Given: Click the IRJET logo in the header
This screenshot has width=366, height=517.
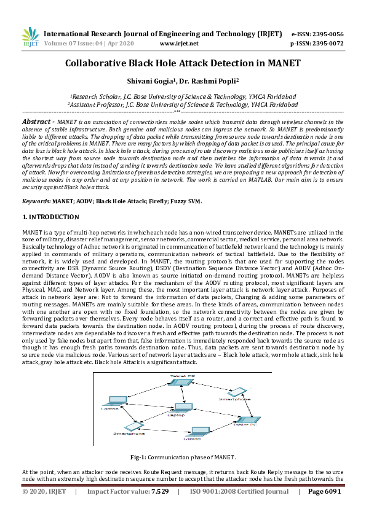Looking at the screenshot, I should [30, 37].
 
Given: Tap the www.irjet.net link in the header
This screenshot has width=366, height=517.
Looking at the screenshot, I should [179, 44].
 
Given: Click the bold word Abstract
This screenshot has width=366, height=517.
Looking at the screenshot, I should [39, 122].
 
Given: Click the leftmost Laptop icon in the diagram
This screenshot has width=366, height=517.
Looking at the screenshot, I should [112, 400].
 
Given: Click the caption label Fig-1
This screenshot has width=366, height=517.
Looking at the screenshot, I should [139, 457].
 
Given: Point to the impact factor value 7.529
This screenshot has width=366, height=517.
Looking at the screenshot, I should [160, 492].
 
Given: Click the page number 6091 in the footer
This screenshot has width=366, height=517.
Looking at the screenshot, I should [330, 492].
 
